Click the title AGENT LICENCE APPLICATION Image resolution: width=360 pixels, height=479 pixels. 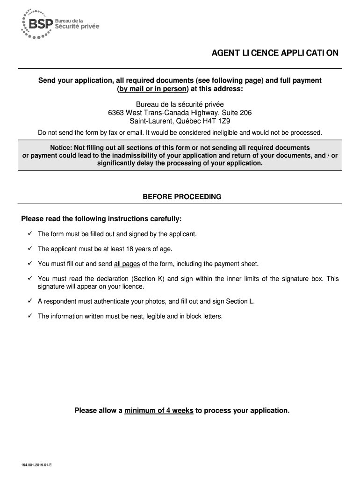coord(275,53)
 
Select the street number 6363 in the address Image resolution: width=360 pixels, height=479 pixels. coord(116,112)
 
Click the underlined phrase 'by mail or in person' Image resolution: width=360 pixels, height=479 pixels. coord(152,89)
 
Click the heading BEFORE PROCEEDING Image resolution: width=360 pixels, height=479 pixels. coord(182,197)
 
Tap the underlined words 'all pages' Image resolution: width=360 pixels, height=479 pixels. coord(127,264)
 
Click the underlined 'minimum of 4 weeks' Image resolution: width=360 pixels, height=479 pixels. coord(159,411)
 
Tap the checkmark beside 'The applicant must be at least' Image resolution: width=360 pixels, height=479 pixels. coord(29,249)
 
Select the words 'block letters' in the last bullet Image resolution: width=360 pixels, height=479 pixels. coord(204,317)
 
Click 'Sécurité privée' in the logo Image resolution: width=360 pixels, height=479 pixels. coord(78,27)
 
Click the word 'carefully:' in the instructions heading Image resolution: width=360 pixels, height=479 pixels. coord(166,219)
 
